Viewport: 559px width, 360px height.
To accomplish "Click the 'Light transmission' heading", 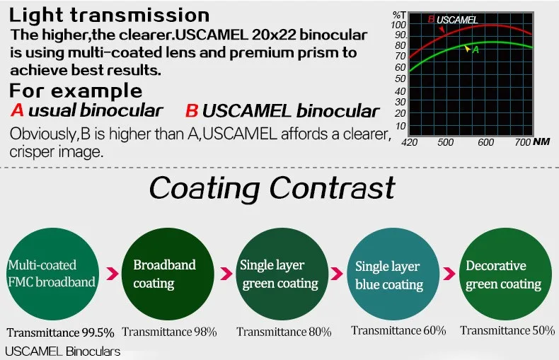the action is tap(109, 16).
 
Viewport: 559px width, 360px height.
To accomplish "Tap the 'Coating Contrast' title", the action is tap(272, 188).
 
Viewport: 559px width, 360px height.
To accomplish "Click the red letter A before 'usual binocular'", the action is tap(17, 110).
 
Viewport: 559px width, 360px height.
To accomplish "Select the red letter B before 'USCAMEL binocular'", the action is tap(192, 110).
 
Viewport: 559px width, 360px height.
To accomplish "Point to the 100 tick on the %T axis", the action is tap(398, 25).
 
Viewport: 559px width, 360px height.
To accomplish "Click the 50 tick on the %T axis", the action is tap(400, 79).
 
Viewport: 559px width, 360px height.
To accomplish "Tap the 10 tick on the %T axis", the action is tap(400, 126).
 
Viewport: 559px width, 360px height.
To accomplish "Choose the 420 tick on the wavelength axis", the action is tap(409, 143).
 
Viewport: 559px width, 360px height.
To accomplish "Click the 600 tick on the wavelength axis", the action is tap(485, 143).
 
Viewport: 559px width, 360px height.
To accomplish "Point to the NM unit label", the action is tap(541, 141).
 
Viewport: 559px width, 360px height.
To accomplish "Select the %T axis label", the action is tap(399, 16).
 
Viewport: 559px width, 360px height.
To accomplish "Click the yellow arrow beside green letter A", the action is tap(467, 48).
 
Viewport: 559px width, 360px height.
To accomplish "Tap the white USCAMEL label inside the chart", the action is tap(457, 20).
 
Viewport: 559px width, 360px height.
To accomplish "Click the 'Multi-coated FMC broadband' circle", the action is tap(53, 274).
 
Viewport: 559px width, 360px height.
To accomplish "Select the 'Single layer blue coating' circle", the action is tap(393, 274).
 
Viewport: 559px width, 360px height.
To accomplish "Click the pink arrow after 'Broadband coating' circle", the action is tap(226, 274).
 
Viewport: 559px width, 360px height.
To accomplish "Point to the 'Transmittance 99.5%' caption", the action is tap(60, 332).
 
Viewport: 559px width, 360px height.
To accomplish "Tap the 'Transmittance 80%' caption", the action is tap(284, 332).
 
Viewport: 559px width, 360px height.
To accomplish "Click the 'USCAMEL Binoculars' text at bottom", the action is tap(63, 352).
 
